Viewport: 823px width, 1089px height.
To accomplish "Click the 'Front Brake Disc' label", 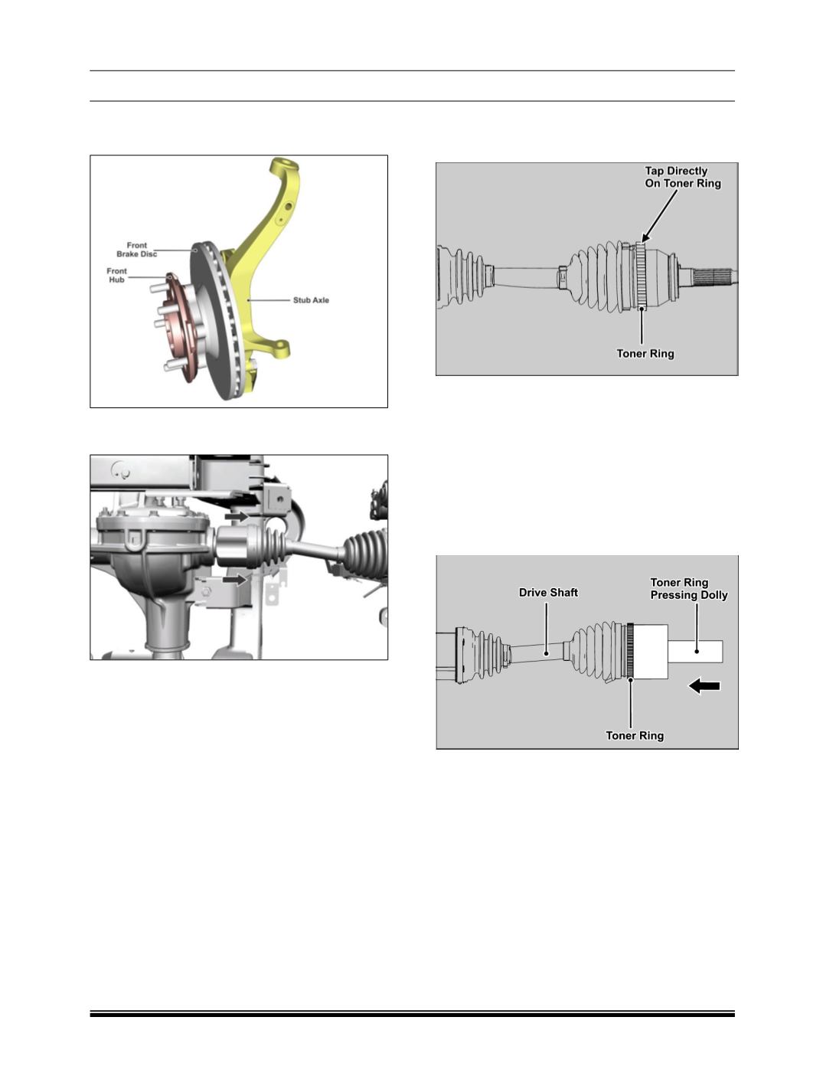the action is (136, 250).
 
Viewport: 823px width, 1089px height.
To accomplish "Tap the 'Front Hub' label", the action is (116, 276).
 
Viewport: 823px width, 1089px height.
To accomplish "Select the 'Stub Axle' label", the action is (311, 300).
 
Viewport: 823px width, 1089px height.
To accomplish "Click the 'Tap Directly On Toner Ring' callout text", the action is (683, 177).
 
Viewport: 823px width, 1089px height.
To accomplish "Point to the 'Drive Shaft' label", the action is (548, 593).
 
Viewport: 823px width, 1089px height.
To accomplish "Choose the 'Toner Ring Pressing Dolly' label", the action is (689, 588).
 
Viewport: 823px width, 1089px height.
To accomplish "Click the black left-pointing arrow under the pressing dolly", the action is (704, 686).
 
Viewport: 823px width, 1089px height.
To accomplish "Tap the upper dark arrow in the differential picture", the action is (236, 516).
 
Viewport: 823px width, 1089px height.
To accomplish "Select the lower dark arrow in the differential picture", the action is (234, 580).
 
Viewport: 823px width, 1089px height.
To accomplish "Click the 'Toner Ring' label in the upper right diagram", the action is (645, 354).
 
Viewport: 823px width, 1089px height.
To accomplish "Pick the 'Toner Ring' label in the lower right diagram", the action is (635, 736).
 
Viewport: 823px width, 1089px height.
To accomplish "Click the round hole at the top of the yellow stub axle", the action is (283, 163).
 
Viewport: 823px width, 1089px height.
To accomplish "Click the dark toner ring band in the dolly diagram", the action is (630, 650).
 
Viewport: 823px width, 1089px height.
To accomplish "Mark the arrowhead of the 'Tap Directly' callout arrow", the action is (642, 241).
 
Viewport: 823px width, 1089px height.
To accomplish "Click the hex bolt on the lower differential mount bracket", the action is (207, 591).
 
